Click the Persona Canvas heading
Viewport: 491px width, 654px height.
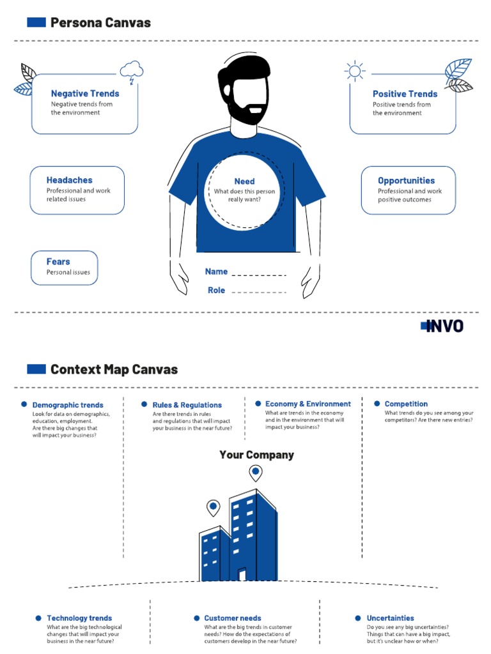pos(100,23)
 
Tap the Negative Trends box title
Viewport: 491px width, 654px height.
pos(85,93)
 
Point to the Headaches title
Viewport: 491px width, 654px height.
pos(69,180)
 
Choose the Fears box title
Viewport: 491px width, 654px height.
pos(58,262)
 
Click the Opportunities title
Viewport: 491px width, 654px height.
pos(406,181)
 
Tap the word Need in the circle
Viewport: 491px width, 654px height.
pos(244,181)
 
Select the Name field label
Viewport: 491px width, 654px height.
pos(216,271)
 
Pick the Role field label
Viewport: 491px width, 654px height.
pos(216,290)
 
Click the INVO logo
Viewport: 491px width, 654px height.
pos(442,326)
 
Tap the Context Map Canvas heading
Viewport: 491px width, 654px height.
pos(114,369)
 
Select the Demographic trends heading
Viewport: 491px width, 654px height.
pos(68,405)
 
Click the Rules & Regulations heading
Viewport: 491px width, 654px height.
pos(187,405)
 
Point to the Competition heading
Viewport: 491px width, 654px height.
pos(406,404)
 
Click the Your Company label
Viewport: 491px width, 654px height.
pos(256,455)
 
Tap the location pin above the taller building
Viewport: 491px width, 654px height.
pos(256,473)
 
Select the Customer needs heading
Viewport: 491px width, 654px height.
pos(233,618)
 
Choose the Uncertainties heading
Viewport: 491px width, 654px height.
pos(390,618)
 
